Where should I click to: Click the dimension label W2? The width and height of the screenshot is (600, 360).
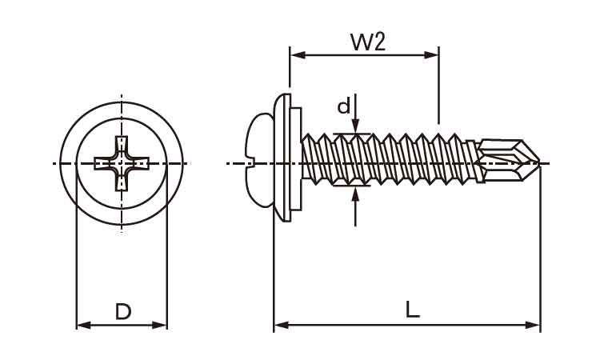click(368, 41)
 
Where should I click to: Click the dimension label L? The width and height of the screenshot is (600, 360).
click(412, 309)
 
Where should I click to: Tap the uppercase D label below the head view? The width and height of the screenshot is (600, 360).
click(122, 311)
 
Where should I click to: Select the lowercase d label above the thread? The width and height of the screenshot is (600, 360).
click(343, 106)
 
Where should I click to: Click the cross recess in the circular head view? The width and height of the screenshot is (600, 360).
click(122, 164)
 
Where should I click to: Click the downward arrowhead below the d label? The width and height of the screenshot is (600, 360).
click(356, 126)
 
